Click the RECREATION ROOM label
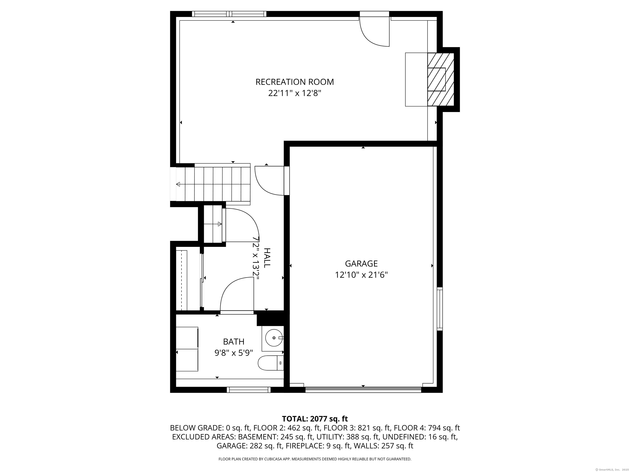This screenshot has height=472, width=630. pos(294,82)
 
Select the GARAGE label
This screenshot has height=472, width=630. pos(361,264)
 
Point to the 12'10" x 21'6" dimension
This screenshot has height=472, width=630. pos(361,275)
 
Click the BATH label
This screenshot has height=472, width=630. pos(234,342)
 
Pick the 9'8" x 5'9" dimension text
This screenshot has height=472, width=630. pos(234,353)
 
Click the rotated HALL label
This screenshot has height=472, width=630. pos(267,258)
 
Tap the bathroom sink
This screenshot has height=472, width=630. pos(274,338)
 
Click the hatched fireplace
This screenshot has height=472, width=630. pos(440,80)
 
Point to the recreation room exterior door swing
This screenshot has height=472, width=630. pos(374,31)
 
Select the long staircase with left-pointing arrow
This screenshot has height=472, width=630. pos(213,184)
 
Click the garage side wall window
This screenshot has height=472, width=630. pos(440,309)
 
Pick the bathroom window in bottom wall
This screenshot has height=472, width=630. pos(249,390)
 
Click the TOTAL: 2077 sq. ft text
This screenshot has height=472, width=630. pos(315,419)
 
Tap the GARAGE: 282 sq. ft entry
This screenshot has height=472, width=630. pos(249,446)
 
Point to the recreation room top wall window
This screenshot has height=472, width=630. pos(229,14)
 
